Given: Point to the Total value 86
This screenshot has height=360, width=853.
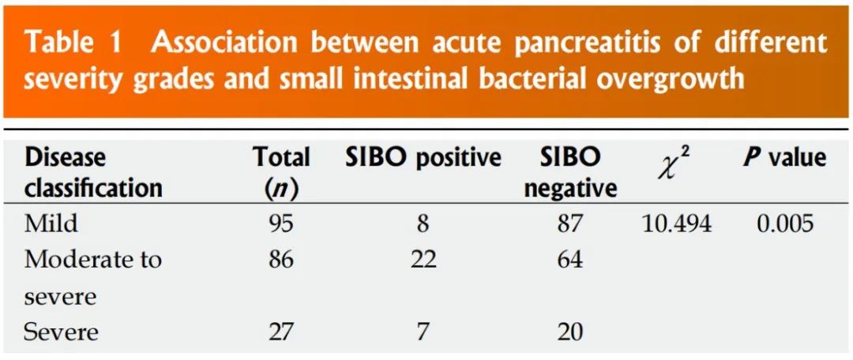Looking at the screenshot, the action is [280, 260].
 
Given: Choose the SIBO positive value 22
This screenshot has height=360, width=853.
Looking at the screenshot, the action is [423, 260].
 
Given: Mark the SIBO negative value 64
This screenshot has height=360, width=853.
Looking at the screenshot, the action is [569, 260].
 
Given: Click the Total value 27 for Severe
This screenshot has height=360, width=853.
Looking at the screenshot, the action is [280, 332].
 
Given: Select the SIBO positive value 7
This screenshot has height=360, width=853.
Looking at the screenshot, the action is [423, 332].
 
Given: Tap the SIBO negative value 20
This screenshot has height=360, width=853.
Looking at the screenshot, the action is [569, 332].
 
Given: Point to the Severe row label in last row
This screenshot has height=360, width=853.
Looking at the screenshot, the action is [61, 332].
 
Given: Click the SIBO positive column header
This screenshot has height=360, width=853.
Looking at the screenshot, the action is [423, 158].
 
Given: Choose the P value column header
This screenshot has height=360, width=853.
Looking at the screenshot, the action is [784, 158].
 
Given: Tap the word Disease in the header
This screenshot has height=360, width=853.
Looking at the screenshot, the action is [66, 158].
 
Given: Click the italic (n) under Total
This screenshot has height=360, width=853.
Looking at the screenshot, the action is [282, 188].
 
